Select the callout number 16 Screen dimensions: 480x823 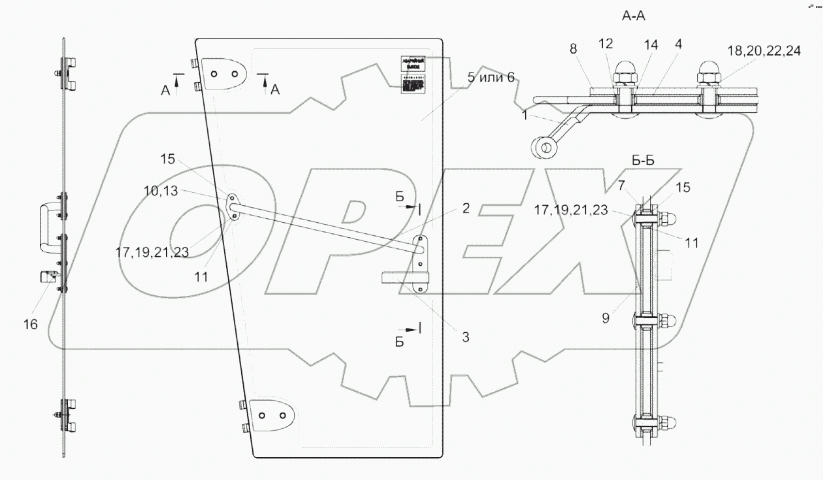click(x=31, y=324)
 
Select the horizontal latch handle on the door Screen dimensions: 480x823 click(x=398, y=278)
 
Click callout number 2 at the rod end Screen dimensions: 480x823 click(x=465, y=209)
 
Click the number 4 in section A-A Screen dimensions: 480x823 click(x=661, y=46)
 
